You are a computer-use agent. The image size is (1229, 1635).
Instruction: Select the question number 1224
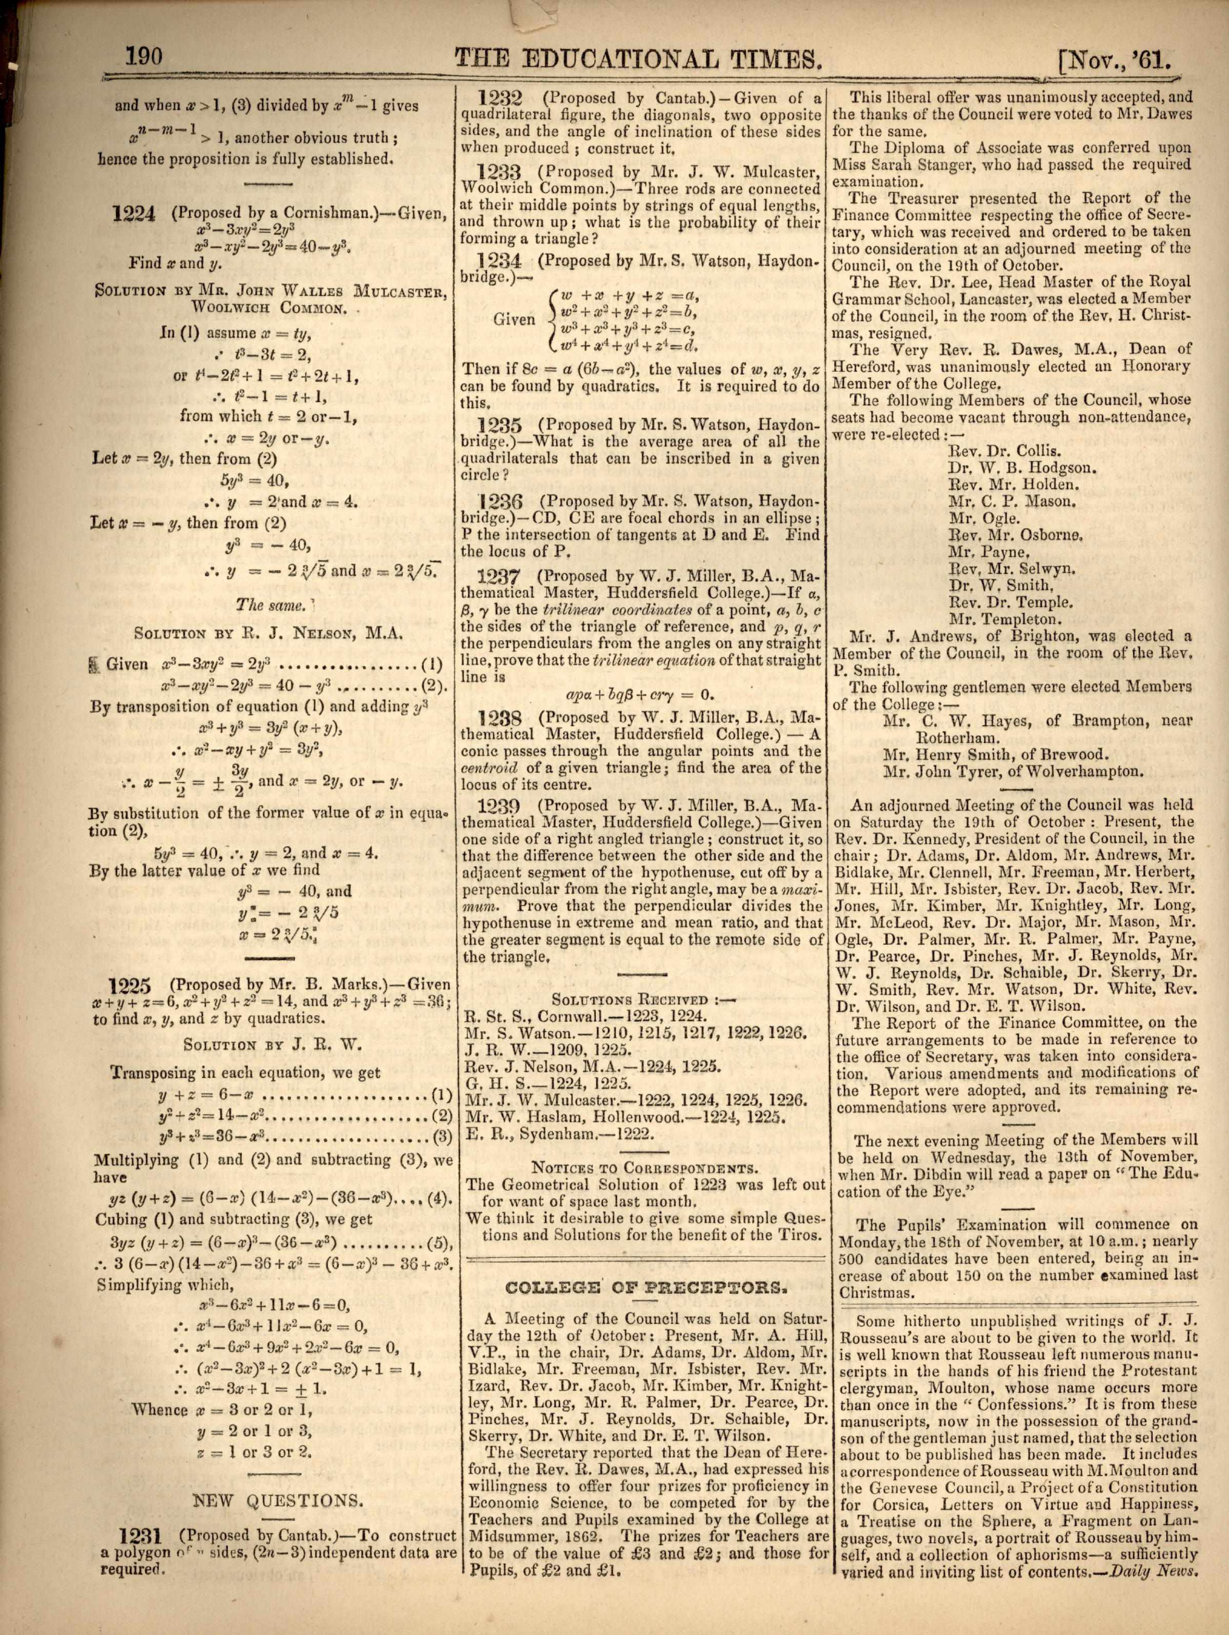click(x=135, y=214)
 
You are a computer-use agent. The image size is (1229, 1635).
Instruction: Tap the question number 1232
click(x=499, y=98)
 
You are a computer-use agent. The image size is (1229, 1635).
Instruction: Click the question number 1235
click(x=499, y=426)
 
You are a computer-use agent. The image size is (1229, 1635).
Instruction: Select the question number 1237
click(x=499, y=576)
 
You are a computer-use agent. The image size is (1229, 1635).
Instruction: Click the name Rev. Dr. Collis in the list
click(x=1005, y=452)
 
